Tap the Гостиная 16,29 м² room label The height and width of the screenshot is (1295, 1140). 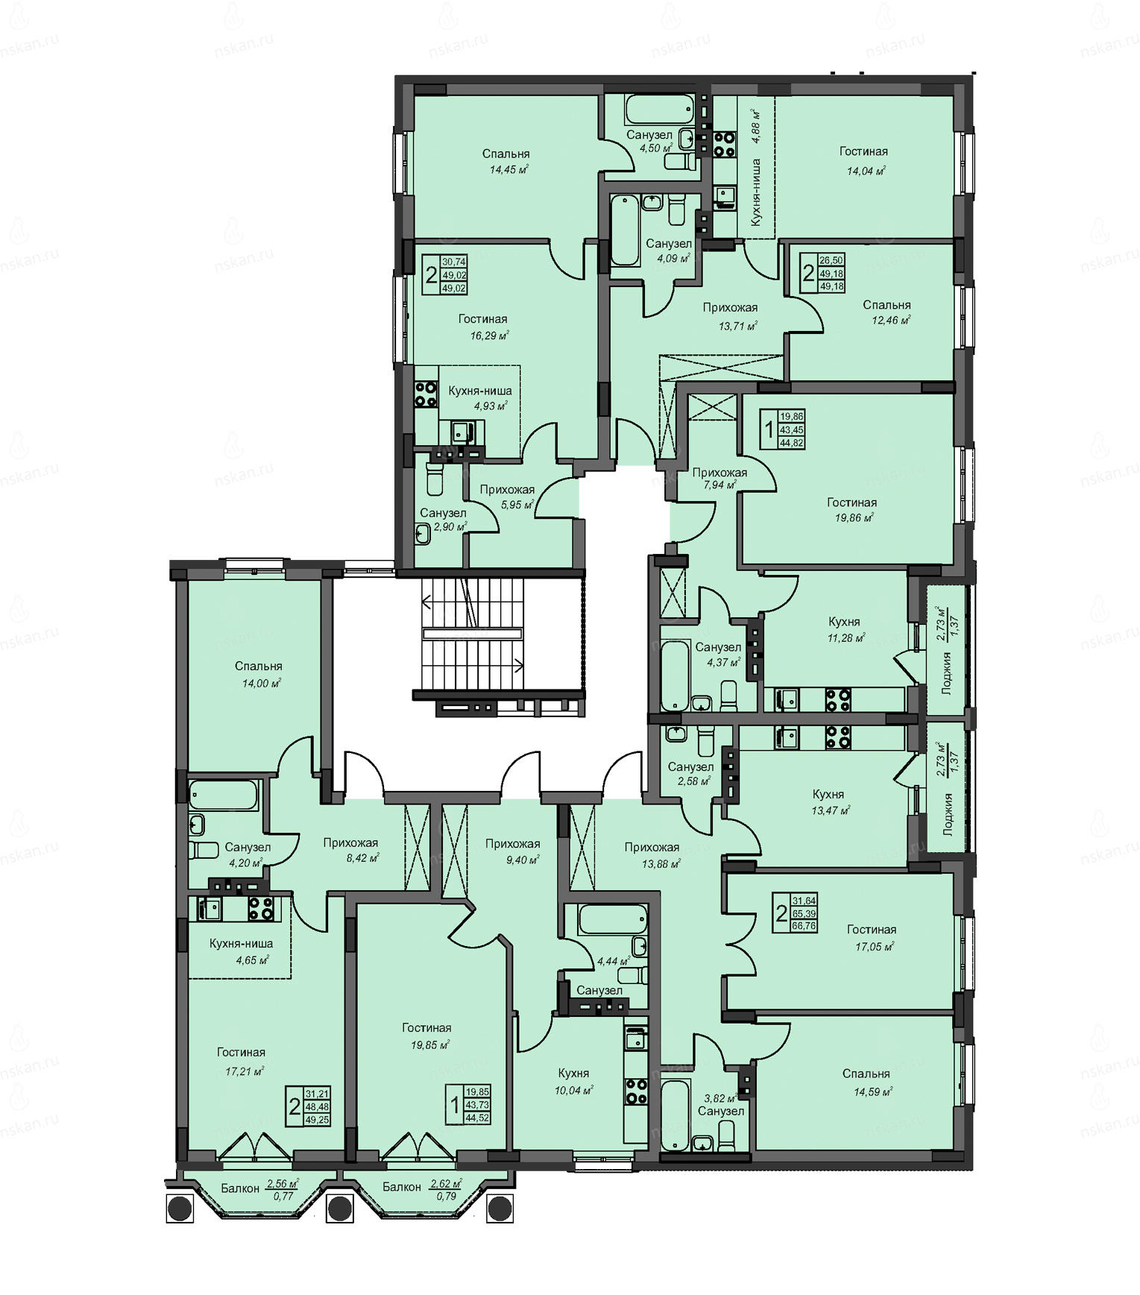coord(483,327)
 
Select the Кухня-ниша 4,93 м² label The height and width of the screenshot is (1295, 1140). coord(479,398)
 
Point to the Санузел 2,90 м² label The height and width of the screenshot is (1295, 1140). coord(443,520)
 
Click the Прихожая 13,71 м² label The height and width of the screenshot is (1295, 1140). coord(730,316)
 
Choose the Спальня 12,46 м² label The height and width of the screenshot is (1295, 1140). coord(887,312)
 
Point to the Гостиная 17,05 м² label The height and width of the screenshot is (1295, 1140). coord(871,937)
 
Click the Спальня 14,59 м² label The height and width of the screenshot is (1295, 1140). coord(866,1081)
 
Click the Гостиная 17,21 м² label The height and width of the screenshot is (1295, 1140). coord(241,1061)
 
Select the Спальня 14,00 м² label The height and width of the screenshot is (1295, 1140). coord(258,674)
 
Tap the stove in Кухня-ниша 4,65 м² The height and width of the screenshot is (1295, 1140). coord(260,908)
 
